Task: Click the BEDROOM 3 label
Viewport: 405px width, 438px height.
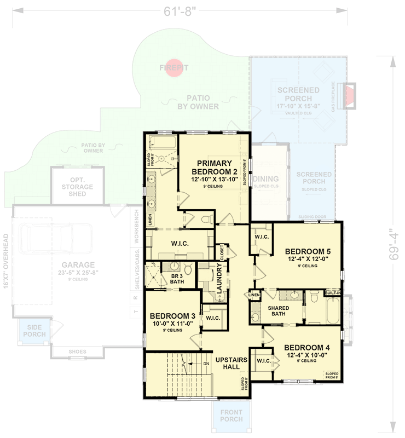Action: coord(172,316)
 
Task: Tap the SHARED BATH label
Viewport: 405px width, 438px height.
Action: coord(278,311)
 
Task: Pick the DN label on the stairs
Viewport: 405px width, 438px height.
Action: coord(206,364)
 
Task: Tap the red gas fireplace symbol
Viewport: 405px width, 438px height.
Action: coord(348,89)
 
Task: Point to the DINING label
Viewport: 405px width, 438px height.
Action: coord(267,179)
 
